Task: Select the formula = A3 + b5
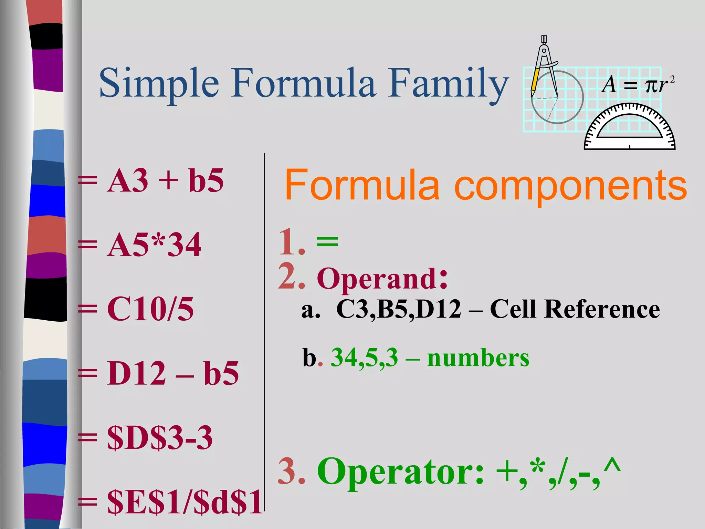(151, 180)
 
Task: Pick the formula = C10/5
(136, 309)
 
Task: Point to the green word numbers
(478, 358)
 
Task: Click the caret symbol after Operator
(612, 466)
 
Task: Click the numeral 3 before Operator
(291, 471)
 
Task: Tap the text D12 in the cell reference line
(438, 309)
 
